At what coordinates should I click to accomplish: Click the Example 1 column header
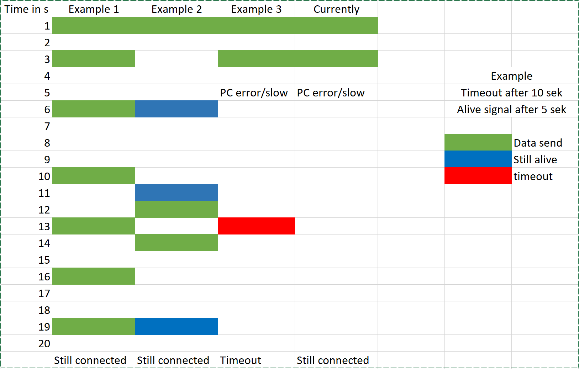click(94, 9)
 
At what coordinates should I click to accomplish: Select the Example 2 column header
click(177, 9)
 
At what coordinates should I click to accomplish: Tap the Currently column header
click(336, 9)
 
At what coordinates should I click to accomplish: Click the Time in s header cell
click(26, 9)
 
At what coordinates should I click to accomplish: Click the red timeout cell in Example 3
click(256, 226)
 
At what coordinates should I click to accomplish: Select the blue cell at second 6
click(177, 109)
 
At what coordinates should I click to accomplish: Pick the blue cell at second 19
click(177, 326)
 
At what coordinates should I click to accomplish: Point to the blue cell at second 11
click(177, 193)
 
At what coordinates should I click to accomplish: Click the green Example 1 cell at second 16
click(94, 276)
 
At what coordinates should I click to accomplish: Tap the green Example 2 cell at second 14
click(177, 243)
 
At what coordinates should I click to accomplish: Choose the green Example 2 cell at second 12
click(177, 209)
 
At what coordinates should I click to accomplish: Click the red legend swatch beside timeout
click(478, 176)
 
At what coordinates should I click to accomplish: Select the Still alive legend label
click(535, 160)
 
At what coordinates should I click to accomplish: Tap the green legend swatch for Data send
click(478, 142)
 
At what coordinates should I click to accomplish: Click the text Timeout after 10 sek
click(511, 93)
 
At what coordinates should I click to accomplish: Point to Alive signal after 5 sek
click(511, 110)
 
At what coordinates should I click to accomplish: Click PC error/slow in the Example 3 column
click(254, 93)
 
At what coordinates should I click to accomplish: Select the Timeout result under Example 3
click(241, 360)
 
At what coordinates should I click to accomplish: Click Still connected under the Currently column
click(333, 360)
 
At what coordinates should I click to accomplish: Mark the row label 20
click(44, 344)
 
